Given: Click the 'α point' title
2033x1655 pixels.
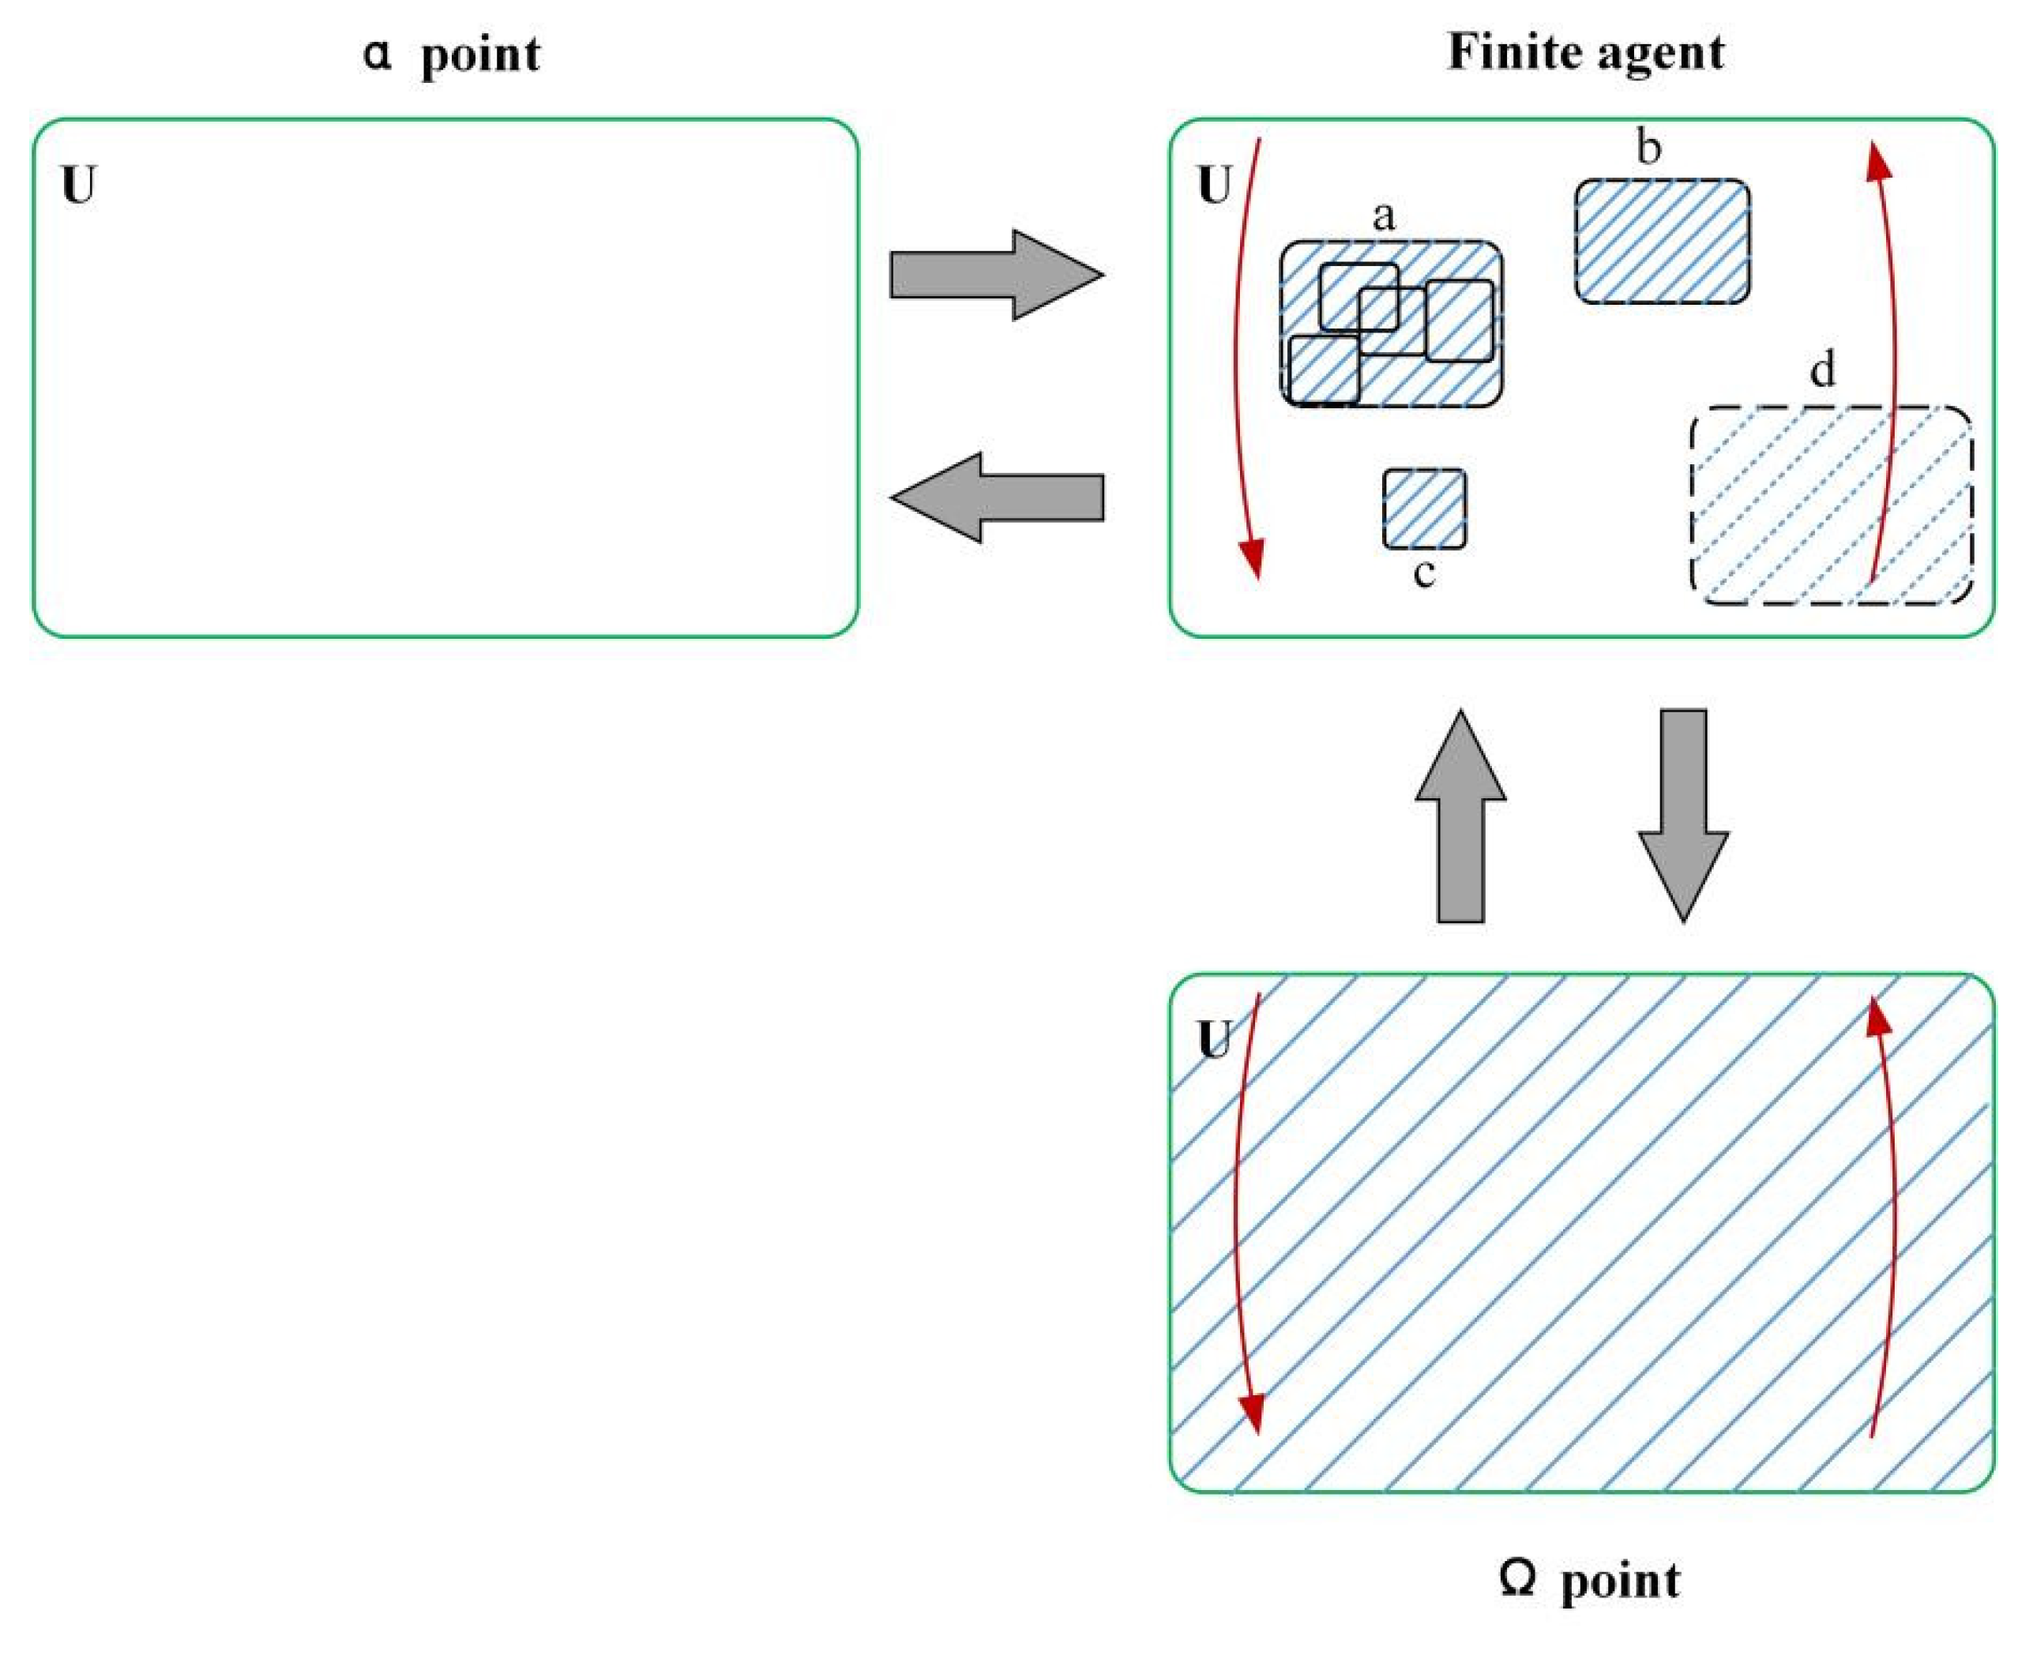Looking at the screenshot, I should (451, 54).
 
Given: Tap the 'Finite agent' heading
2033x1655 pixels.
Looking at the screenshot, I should (1585, 52).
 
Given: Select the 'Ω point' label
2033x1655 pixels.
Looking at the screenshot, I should (1588, 1580).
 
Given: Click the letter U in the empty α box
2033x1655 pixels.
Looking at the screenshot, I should (79, 186).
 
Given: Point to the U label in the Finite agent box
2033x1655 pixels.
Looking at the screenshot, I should (1214, 186).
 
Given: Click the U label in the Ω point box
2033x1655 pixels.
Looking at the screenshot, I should (1214, 1039).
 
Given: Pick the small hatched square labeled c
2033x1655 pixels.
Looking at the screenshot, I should (1424, 509).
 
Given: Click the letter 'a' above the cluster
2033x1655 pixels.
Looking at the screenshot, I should (1383, 216).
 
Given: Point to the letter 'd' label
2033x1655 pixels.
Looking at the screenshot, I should (1822, 369).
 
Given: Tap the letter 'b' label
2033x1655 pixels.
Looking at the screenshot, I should (1648, 148).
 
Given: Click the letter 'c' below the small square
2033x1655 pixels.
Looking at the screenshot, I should (1424, 573).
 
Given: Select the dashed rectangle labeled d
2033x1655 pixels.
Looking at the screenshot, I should (1831, 505).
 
